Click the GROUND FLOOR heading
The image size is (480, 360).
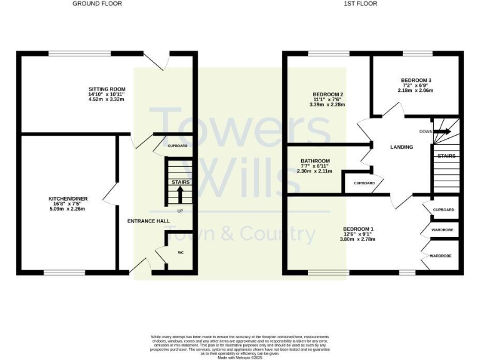pos(97,4)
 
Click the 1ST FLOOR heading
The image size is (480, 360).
pos(360,4)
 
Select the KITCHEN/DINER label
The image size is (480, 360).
pos(68,199)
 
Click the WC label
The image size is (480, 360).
pos(180,253)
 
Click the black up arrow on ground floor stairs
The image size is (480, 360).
pos(180,195)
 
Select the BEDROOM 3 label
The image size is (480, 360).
pos(416,81)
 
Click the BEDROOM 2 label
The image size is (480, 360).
pos(328,94)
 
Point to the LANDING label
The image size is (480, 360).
pos(401,147)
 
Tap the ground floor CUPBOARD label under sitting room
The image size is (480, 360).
pos(177,146)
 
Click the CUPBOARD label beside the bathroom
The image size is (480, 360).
pos(364,183)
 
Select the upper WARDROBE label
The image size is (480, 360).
pos(442,230)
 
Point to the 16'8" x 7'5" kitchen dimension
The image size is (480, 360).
pos(68,204)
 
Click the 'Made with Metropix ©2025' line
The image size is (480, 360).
pos(240,357)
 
